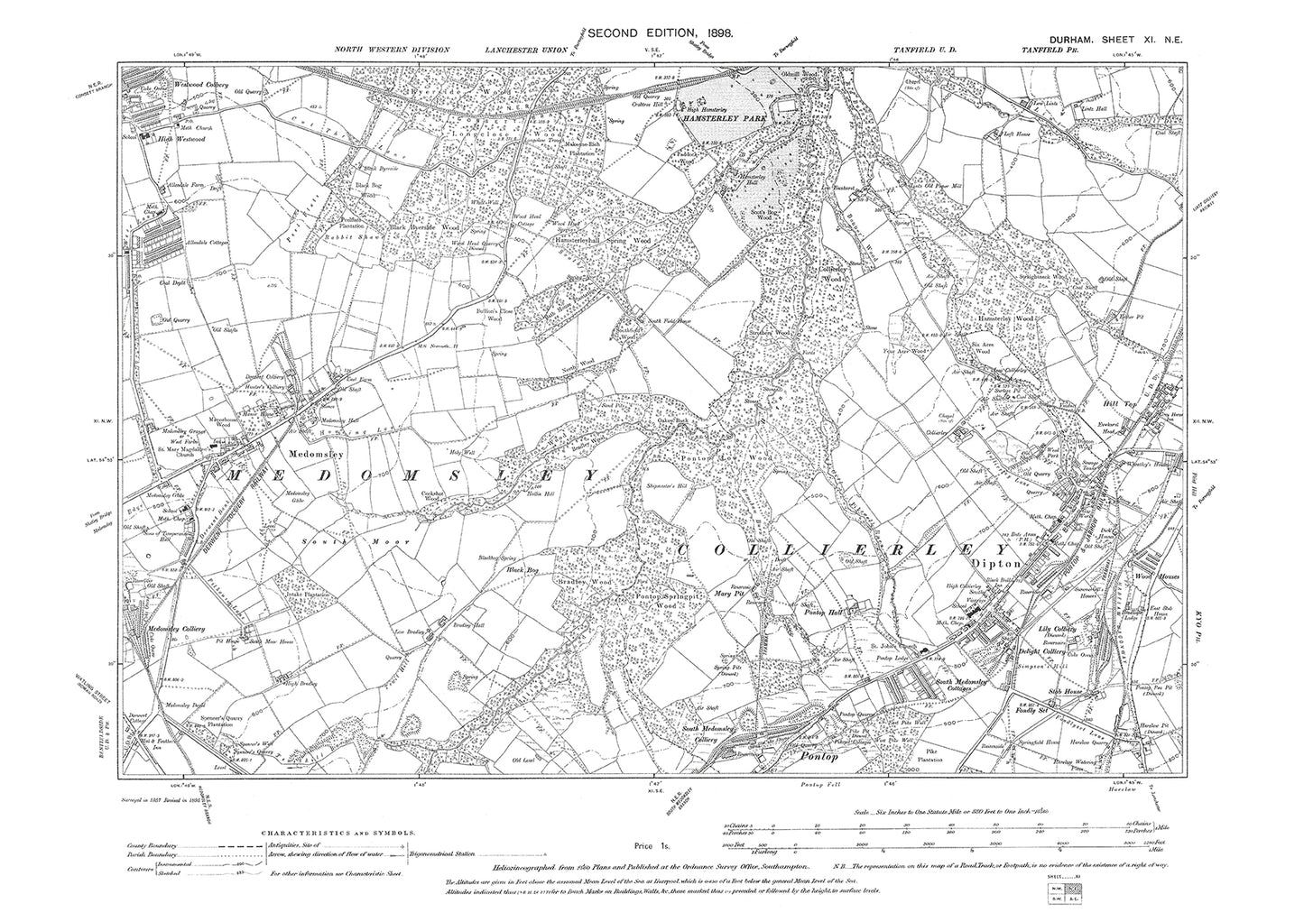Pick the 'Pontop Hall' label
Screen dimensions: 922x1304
(x=824, y=613)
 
